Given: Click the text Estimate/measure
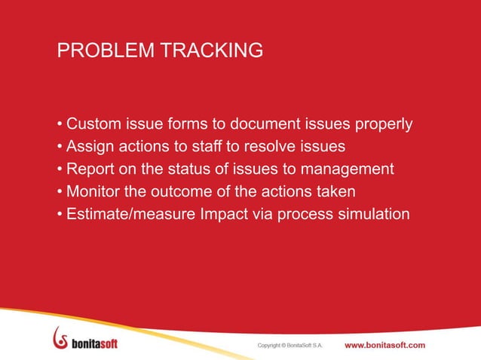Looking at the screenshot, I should (130, 214).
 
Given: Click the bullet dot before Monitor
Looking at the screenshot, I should (60, 192).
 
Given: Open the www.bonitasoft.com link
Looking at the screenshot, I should (384, 345).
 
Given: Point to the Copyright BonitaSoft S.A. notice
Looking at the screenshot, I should (290, 346).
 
